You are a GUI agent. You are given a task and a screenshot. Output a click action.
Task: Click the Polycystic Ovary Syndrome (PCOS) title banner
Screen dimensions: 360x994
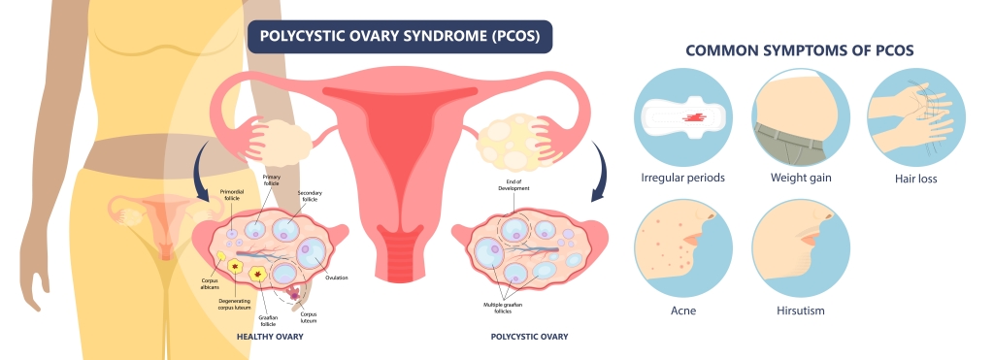coord(400,38)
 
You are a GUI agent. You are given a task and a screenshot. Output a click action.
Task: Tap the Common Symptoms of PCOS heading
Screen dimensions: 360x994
coord(799,50)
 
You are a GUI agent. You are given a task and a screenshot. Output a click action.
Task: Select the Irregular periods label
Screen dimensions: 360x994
coord(683,179)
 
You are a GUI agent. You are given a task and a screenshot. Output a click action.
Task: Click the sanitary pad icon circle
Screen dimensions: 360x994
coord(683,117)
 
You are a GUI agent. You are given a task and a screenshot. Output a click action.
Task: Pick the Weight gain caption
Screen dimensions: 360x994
coord(801,179)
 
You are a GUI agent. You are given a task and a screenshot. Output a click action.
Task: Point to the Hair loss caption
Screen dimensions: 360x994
coord(916,179)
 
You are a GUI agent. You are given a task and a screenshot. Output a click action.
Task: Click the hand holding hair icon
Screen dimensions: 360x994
coord(916,117)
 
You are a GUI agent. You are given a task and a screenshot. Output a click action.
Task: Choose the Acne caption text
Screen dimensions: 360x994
coord(683,311)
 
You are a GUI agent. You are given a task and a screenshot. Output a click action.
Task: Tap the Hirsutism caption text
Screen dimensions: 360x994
coord(801,311)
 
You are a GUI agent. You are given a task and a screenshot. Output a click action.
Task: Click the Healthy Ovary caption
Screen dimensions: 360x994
coord(270,337)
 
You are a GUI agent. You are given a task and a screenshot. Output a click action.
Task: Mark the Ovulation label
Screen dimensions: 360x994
coord(337,278)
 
